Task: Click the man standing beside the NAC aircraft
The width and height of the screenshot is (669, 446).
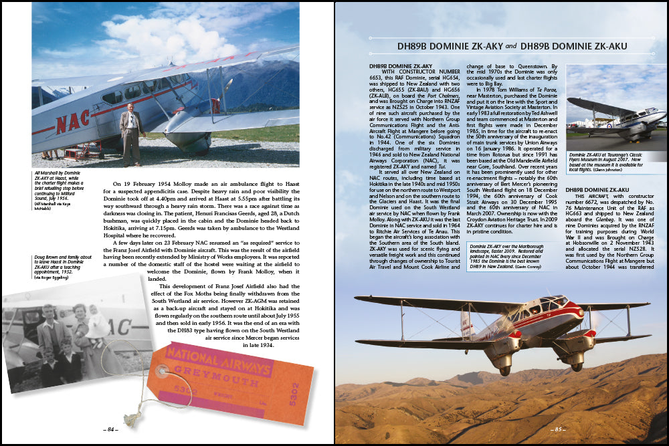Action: (x=131, y=134)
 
